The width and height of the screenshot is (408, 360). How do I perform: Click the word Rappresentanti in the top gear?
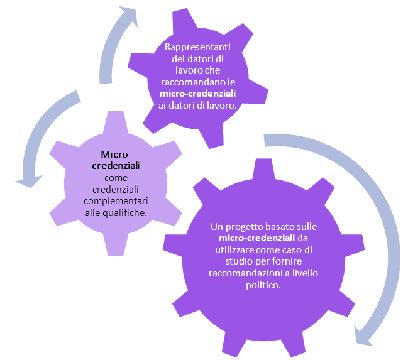pos(197,47)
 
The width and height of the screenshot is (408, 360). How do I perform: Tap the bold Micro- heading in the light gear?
pos(116,155)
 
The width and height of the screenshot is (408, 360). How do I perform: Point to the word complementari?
pos(116,201)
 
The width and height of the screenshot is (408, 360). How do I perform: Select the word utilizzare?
pos(234,250)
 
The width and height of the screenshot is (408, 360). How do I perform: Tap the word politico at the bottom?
pos(263,285)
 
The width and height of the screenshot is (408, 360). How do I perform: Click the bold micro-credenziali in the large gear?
pos(257,238)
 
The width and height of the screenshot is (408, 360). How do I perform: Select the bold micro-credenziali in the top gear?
pos(198,94)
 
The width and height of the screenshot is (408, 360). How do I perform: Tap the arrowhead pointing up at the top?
pos(130,16)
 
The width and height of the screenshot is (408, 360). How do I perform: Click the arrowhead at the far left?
pos(29,181)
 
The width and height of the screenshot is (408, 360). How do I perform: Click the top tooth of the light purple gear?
pos(116,122)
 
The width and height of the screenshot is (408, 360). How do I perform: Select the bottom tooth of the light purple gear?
pos(116,244)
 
